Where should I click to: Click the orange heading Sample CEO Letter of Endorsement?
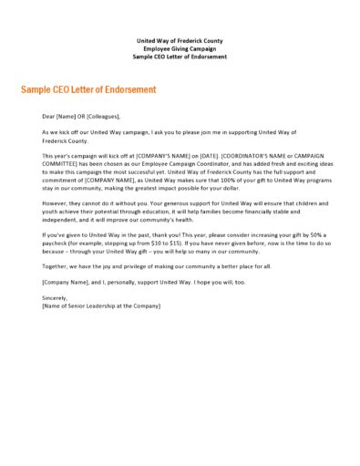(x=88, y=89)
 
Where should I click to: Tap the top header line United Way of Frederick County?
(x=179, y=41)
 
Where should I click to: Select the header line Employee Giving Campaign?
(x=179, y=49)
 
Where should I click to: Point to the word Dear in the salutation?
(x=49, y=116)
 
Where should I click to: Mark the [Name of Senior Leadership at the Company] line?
(x=101, y=305)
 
